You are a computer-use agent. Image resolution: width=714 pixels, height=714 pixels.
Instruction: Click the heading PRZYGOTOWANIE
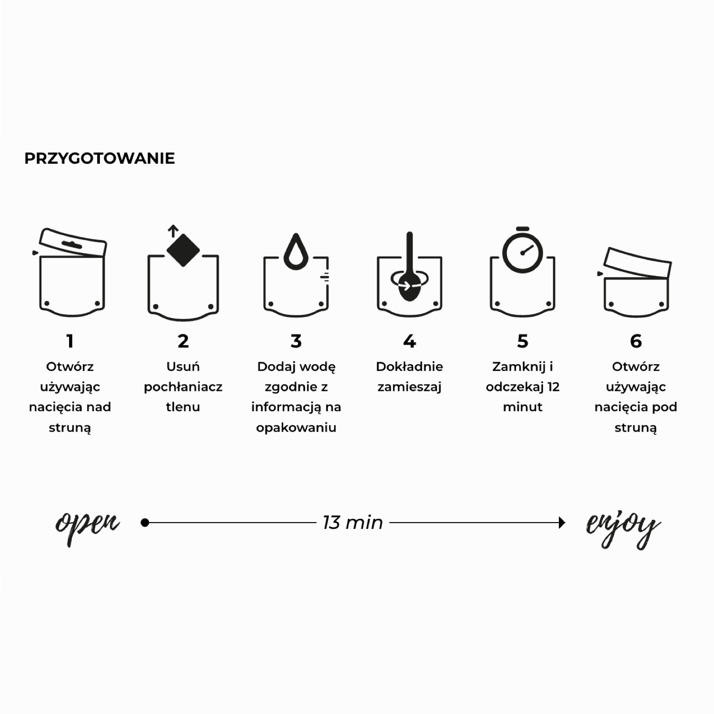coord(99,159)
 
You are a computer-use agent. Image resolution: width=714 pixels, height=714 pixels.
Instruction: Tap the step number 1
coord(70,341)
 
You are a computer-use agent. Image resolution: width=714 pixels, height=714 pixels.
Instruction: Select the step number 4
coord(409,341)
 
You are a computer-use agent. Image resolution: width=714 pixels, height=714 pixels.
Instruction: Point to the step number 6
coord(636,341)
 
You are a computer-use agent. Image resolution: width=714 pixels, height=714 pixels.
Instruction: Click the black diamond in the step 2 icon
coord(183,250)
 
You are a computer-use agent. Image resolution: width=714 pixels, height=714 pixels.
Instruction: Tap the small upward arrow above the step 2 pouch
coord(173,231)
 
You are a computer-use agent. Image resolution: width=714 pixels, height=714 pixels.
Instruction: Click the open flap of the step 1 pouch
coord(72,243)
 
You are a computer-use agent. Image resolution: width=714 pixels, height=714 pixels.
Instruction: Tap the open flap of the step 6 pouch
coord(637,263)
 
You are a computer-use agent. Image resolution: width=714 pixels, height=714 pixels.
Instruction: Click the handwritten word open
coord(87,526)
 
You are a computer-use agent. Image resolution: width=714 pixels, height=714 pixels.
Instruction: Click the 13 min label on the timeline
coord(353,523)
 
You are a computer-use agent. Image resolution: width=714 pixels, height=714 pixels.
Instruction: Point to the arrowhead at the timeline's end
coord(562,523)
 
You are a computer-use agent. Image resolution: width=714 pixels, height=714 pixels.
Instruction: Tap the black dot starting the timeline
coord(145,523)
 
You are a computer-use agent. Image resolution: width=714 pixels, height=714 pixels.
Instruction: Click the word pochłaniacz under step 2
coord(183,387)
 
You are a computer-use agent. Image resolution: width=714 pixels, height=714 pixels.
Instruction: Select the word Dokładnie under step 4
coord(409,367)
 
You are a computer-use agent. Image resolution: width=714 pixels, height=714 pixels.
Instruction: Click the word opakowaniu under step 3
coord(296,428)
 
